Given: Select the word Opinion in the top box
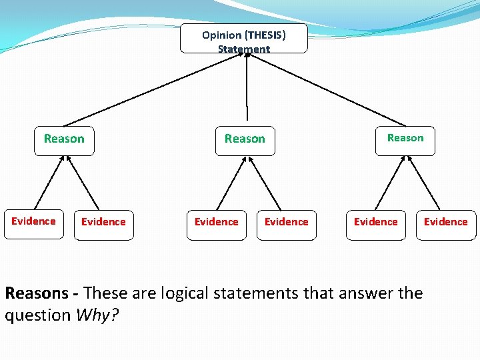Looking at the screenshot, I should coord(222,35).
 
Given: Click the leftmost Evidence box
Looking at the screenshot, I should coord(33,222).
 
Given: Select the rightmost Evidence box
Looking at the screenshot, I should coord(446,222).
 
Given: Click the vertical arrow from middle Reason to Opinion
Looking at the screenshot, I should coord(247,87).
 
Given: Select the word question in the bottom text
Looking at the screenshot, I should coord(38,315).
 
